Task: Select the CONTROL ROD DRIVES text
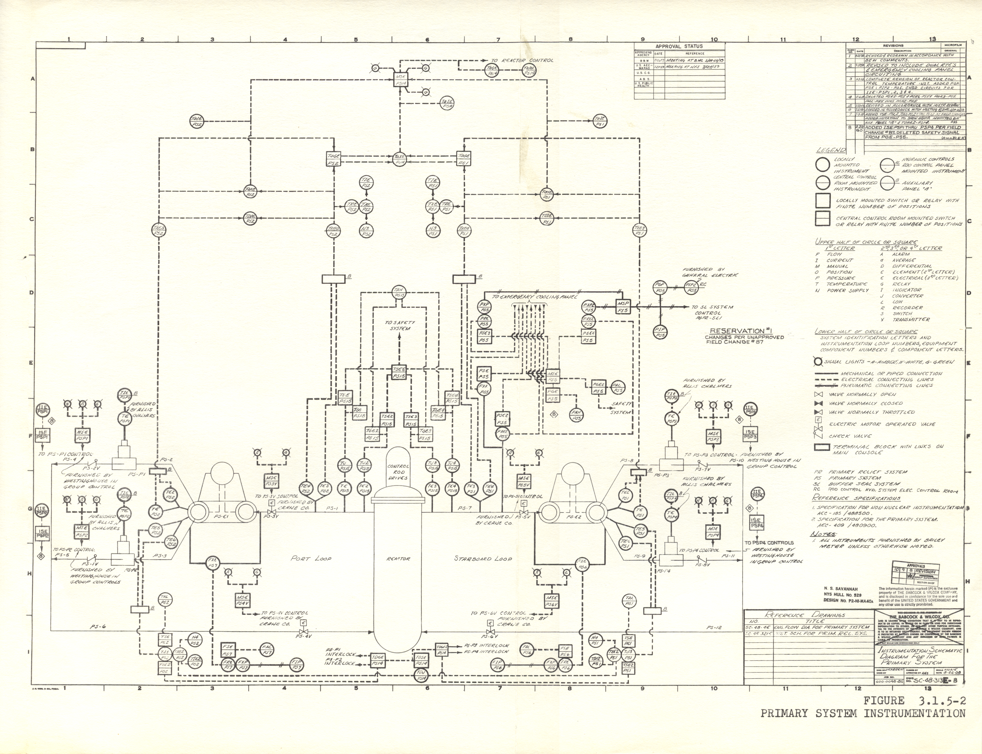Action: (398, 472)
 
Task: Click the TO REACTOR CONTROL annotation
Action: (522, 60)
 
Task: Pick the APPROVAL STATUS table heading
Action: (679, 46)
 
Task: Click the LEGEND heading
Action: (831, 150)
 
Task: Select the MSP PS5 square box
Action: (622, 307)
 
